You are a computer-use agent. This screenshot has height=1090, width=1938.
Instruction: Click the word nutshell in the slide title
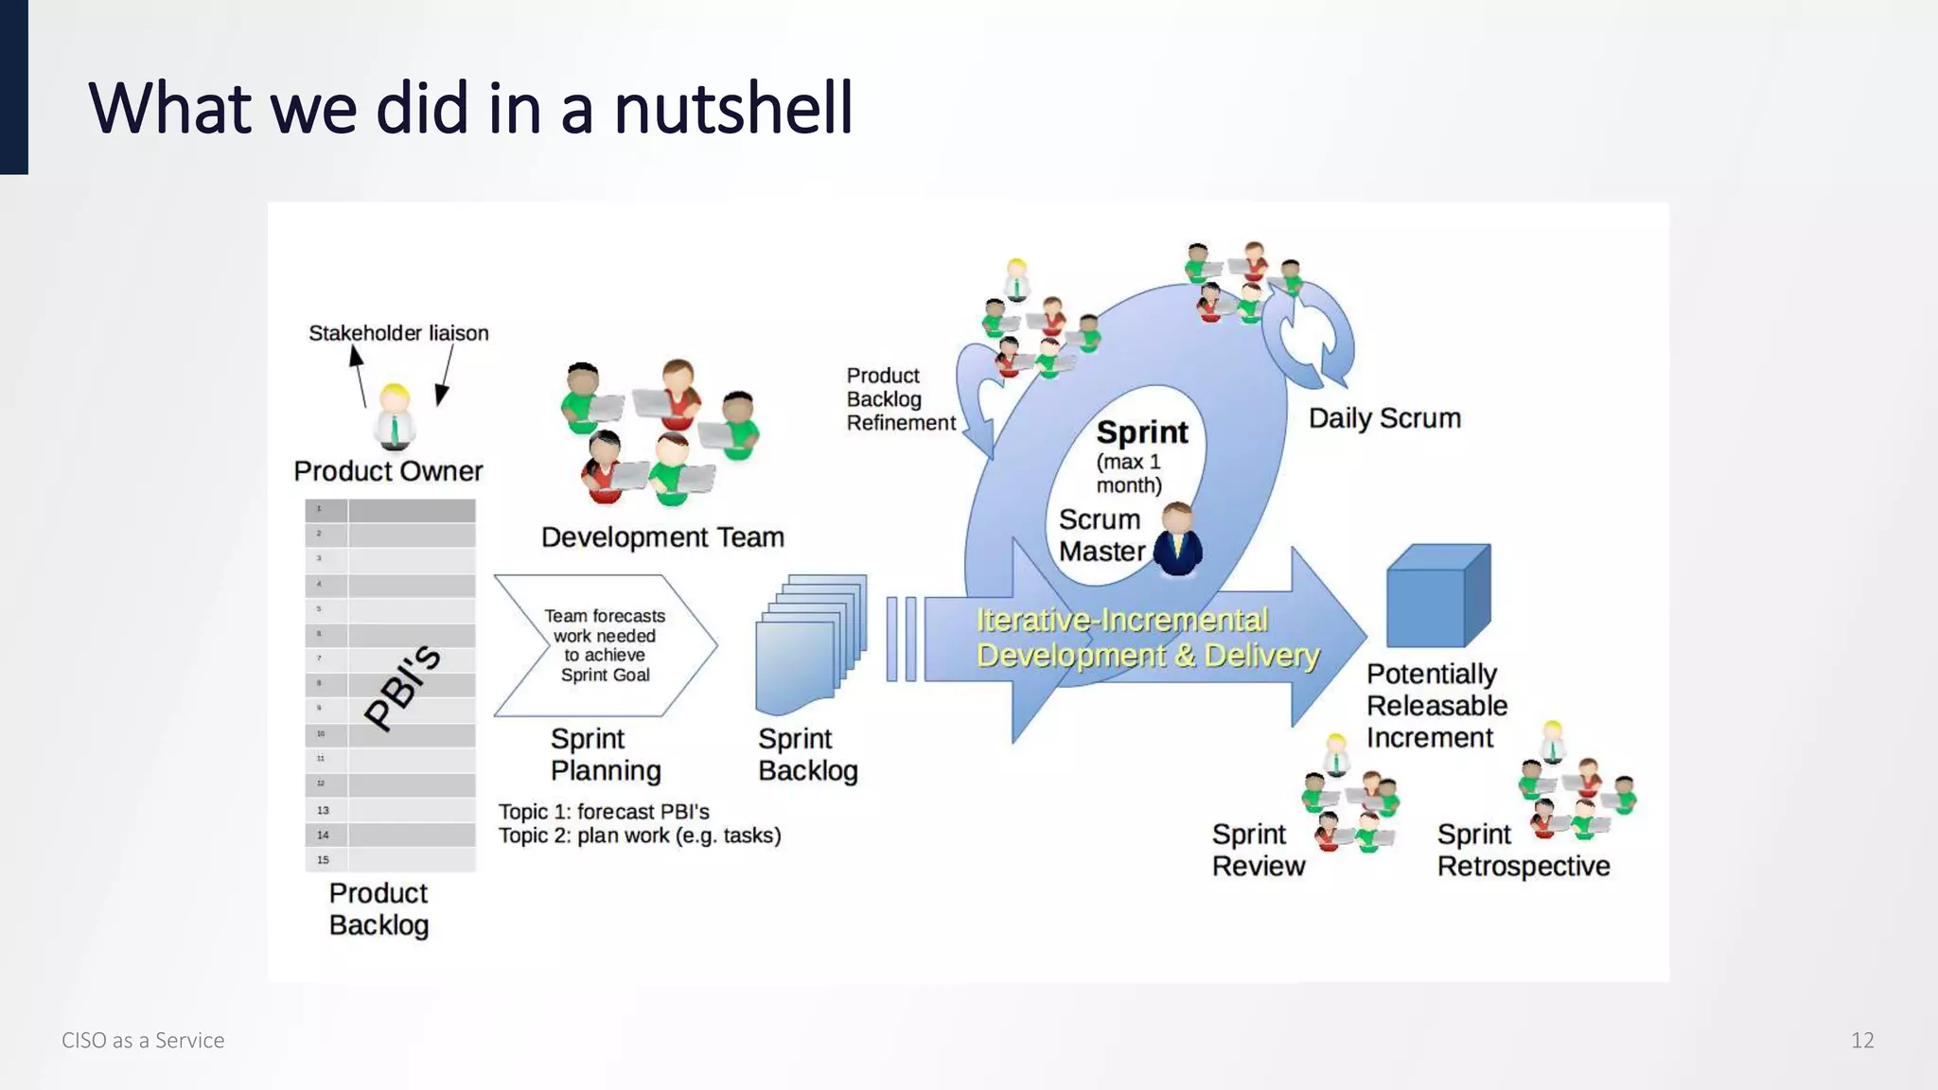(x=733, y=109)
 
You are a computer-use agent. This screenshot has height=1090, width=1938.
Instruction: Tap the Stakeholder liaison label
(x=398, y=333)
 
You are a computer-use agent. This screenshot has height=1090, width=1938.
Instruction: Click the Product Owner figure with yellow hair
(x=395, y=417)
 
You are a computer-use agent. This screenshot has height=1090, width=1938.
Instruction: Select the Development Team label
(x=662, y=537)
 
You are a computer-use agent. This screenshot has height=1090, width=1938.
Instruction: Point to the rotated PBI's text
(x=403, y=687)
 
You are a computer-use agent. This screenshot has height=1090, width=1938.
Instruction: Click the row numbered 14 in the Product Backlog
(x=390, y=835)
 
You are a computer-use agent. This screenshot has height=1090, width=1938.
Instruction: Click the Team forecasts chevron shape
(x=605, y=645)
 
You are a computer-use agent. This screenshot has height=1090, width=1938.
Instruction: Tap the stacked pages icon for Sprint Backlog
(x=810, y=643)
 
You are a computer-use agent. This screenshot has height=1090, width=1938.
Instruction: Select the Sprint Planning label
(x=606, y=754)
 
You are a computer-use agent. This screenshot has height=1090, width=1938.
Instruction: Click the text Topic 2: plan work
(x=640, y=835)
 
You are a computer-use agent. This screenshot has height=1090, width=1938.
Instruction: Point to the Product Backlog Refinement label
(x=899, y=399)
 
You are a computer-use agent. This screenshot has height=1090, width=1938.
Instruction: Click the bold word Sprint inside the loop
(x=1141, y=432)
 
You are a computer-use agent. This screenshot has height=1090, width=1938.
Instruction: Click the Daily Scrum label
(x=1384, y=418)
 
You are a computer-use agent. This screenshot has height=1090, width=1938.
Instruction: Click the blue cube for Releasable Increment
(x=1437, y=596)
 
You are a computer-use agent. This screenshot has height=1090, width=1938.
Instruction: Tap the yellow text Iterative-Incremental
(x=1121, y=620)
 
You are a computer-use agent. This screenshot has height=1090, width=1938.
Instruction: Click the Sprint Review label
(x=1258, y=850)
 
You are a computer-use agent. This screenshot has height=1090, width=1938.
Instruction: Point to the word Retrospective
(x=1523, y=866)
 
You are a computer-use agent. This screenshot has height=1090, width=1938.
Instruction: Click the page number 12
(x=1861, y=1040)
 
